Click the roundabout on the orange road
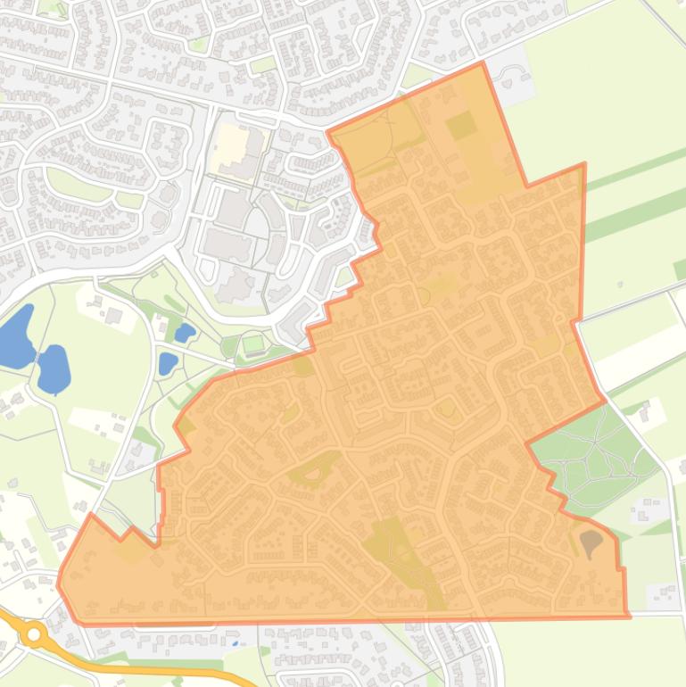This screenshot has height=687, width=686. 34,634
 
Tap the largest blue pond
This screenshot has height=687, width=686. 15,335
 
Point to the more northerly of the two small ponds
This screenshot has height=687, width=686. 185,334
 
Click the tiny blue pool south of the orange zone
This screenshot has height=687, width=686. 235,641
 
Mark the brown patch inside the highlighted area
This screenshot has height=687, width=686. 591,541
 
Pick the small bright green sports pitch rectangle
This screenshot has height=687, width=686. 253,343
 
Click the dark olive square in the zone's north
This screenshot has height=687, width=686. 461,126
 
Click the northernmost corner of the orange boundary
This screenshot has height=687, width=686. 483,63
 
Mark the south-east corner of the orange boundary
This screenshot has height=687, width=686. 628,616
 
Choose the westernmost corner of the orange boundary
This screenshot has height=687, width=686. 59,585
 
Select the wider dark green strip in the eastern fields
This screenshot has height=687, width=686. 634,213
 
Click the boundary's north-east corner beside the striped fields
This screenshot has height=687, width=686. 584,164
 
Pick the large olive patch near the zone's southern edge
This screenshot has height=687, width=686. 393,544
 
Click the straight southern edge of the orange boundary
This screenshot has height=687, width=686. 357,620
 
